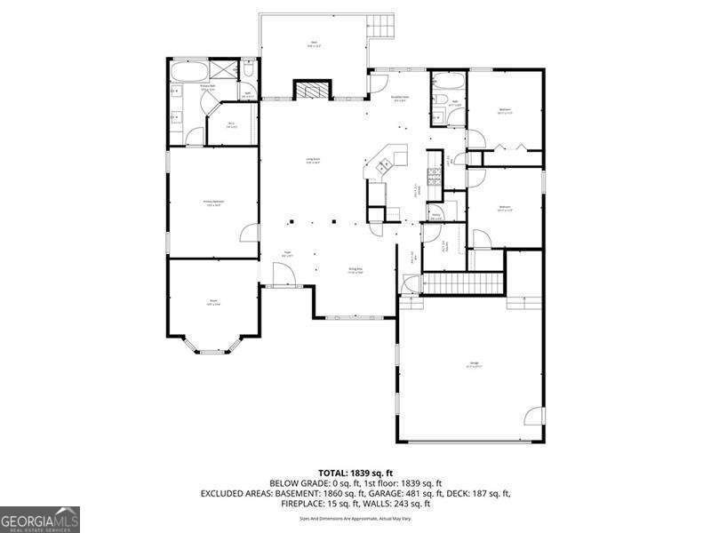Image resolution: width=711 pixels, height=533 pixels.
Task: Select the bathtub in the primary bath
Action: (x=189, y=71)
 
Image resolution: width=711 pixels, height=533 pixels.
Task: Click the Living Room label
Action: (x=313, y=160)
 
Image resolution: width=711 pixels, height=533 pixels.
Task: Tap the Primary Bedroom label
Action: (x=213, y=203)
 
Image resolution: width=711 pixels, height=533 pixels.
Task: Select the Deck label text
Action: (x=313, y=43)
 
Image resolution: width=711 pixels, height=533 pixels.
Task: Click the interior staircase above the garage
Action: (x=462, y=283)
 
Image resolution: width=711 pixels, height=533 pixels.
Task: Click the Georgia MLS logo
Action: (x=40, y=518)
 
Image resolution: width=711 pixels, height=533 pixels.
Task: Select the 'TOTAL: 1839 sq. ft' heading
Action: (x=355, y=473)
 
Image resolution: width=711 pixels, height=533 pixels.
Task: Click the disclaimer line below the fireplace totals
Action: (x=355, y=517)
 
